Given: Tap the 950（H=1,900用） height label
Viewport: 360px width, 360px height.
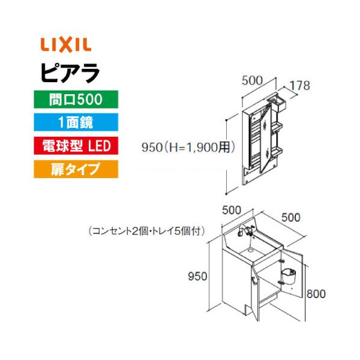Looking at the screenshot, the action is (x=187, y=146).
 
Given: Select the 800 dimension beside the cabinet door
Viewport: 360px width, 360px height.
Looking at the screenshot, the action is (x=316, y=294).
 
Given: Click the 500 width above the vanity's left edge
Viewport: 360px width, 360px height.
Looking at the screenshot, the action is (x=232, y=210).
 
